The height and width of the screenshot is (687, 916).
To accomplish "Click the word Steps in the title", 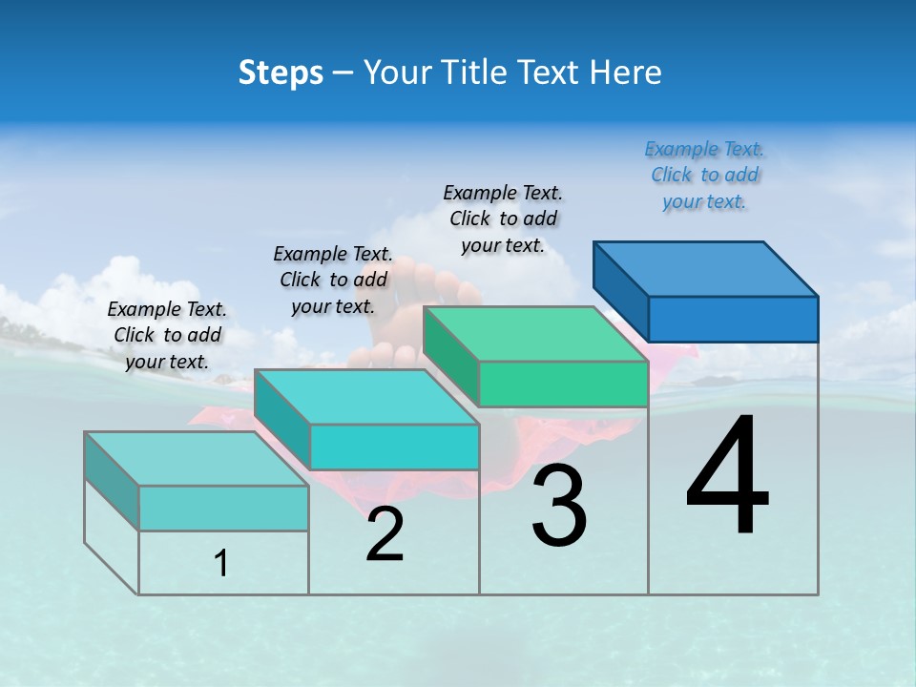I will point(281,73).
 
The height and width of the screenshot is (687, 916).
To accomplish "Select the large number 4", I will point(727,477).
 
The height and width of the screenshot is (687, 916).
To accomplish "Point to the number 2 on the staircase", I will point(385,535).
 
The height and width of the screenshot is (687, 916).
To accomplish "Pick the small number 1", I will point(221,564).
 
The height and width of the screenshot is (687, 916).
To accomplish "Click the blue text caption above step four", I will point(704,175).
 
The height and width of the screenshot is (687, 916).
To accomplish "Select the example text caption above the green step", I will point(503,219).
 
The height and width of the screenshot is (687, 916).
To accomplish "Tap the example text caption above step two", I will point(333,280).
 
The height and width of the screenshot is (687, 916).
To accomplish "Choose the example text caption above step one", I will point(167,335).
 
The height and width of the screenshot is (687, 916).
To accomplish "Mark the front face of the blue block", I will point(733,319).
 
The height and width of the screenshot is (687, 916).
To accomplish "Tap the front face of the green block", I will point(563,384).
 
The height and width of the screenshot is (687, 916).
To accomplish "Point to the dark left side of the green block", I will point(450,354).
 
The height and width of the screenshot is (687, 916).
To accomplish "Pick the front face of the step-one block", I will point(223,508).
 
